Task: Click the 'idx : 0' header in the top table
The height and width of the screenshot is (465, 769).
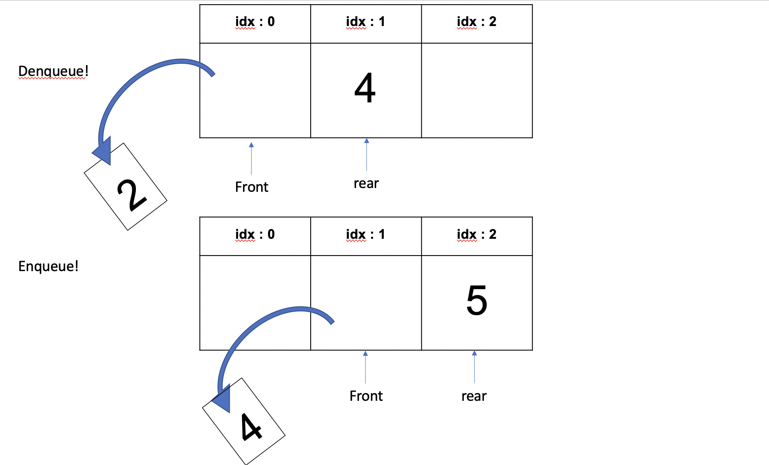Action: (x=255, y=22)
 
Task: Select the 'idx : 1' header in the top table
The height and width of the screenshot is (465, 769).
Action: (x=365, y=22)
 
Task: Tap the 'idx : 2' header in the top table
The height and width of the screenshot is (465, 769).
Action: (x=476, y=22)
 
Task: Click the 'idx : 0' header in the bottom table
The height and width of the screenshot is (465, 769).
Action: (x=255, y=235)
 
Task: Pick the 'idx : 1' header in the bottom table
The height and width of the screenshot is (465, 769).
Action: (x=365, y=235)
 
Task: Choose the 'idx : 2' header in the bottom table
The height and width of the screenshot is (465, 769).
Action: (x=476, y=235)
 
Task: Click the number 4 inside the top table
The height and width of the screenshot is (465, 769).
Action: (x=365, y=88)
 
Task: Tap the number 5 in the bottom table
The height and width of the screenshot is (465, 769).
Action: (x=477, y=300)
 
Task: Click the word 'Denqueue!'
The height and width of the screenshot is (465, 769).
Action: (x=53, y=71)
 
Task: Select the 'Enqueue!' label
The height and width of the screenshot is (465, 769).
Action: (x=48, y=266)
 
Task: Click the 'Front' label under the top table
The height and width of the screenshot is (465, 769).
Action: (x=252, y=187)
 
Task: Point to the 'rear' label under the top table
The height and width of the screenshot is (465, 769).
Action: (x=366, y=183)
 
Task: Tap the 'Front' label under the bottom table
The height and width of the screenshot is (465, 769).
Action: (x=366, y=396)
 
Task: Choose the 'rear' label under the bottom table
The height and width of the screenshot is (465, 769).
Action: (x=474, y=396)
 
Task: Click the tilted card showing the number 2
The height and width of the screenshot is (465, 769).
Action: (x=126, y=187)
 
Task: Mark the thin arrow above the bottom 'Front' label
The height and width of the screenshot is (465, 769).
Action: (x=366, y=367)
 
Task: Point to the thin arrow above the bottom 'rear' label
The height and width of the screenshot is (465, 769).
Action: (x=474, y=367)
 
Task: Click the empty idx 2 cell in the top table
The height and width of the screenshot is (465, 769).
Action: (x=477, y=90)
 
